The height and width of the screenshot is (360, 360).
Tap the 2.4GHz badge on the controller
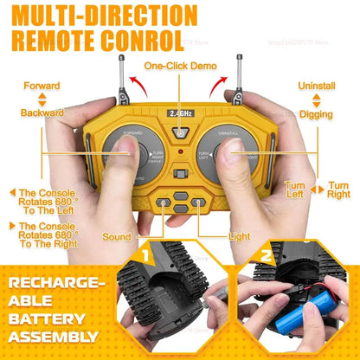180,112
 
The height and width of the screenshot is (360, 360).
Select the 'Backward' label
42,112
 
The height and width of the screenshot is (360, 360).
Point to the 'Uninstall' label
317,86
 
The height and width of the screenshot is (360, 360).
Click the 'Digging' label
317,112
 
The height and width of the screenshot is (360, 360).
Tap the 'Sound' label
116,236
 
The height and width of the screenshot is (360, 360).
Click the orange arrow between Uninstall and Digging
316,100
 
